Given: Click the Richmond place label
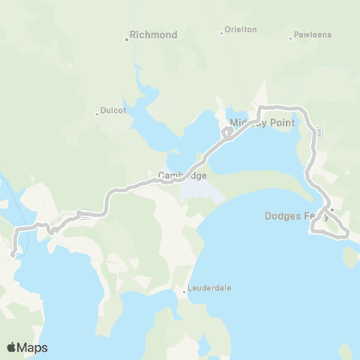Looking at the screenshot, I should tap(154, 34).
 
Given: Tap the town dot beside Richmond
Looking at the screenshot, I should tap(127, 39).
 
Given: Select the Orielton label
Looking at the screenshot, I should tap(241, 29).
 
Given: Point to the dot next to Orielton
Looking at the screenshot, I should tap(222, 33).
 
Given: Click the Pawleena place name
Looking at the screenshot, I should tap(313, 34).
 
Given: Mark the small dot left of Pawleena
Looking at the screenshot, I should tap(290, 38).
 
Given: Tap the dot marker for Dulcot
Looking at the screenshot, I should tap(97, 114).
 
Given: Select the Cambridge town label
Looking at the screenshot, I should tap(182, 175).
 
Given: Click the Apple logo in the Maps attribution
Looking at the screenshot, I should tap(12, 347).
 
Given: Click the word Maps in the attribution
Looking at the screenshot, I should tap(33, 347).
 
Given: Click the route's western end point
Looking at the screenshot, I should tap(13, 255).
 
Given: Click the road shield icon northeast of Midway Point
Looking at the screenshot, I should tap(318, 132).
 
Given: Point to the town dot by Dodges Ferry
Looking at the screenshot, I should tap(331, 210).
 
